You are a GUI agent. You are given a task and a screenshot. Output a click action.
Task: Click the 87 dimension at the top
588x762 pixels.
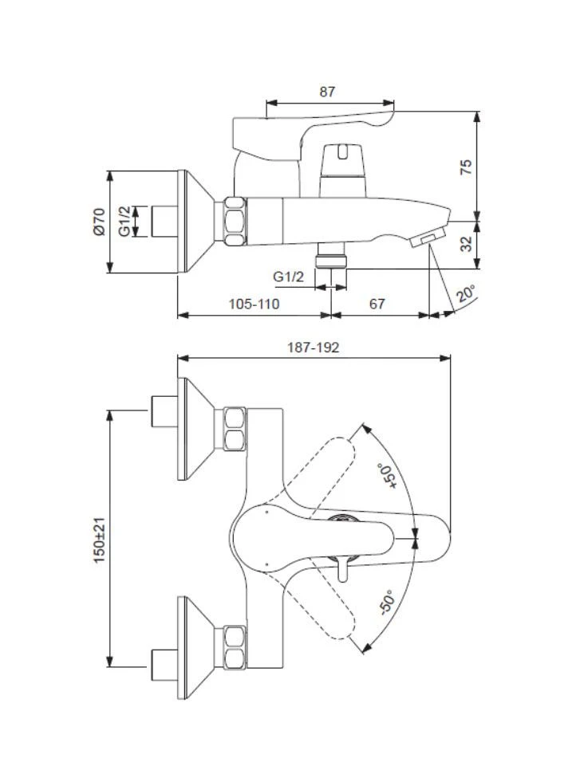pyautogui.click(x=327, y=92)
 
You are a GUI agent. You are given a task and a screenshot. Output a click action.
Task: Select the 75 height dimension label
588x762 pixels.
pyautogui.click(x=467, y=166)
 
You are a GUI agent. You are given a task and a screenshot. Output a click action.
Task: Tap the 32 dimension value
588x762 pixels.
pyautogui.click(x=467, y=244)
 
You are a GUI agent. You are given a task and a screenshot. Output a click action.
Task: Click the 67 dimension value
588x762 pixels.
pyautogui.click(x=377, y=304)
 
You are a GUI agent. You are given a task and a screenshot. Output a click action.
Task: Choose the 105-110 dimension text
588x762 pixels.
pyautogui.click(x=254, y=304)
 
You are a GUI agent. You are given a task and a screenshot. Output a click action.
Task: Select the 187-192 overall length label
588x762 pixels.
pyautogui.click(x=313, y=348)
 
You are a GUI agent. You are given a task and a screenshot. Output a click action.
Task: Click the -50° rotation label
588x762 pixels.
pyautogui.click(x=388, y=603)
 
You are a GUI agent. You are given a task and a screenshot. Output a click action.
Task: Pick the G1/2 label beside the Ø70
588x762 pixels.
pyautogui.click(x=124, y=221)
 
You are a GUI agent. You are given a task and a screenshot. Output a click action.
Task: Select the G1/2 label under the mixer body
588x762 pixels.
pyautogui.click(x=288, y=277)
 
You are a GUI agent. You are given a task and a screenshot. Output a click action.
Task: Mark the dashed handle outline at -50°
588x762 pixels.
pyautogui.click(x=327, y=606)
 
